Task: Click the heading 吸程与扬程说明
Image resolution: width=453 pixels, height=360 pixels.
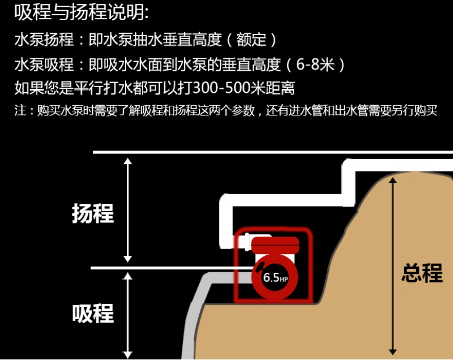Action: pos(82,12)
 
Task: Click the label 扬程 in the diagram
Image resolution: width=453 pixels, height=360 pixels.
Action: pos(93,213)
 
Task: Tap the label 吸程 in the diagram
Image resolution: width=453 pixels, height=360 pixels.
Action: pos(93,313)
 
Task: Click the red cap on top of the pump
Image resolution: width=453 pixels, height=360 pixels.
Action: pos(276,245)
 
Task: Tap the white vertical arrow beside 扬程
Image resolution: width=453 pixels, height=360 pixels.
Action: pos(128,209)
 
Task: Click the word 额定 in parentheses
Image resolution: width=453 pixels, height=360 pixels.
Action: pos(253,40)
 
